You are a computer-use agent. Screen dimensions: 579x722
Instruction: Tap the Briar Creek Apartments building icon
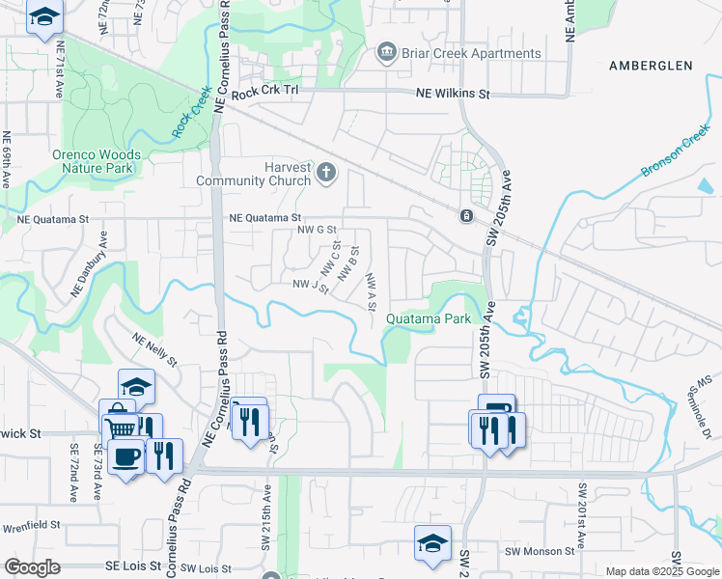[387, 51]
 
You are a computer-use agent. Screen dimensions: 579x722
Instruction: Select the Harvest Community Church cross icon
[326, 173]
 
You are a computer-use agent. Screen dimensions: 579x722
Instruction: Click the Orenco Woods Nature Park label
[97, 161]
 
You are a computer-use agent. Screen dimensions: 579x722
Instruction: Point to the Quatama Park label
[429, 318]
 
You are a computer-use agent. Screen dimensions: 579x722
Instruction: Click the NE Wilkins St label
[453, 95]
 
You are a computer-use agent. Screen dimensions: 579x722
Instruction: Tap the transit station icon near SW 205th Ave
[466, 215]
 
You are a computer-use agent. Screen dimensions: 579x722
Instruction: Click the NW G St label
[317, 230]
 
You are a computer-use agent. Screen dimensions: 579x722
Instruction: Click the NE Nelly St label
[156, 350]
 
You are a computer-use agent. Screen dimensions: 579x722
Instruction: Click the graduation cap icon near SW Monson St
[432, 543]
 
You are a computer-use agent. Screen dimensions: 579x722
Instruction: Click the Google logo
[32, 567]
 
